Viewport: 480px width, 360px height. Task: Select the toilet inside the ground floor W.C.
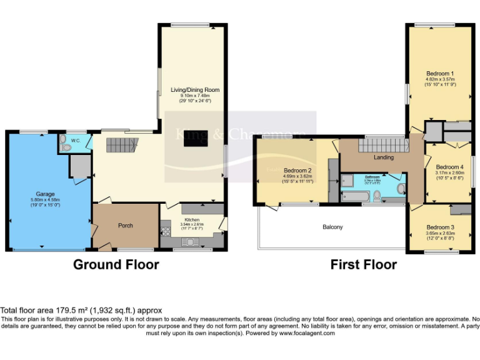(66, 146)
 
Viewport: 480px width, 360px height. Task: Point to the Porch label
(126, 226)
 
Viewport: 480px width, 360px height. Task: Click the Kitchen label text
(192, 219)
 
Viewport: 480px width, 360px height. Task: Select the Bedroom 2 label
(297, 170)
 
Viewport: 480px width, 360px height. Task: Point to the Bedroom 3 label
(440, 227)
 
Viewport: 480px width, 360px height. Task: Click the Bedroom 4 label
(449, 167)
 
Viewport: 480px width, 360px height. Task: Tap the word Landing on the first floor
(383, 157)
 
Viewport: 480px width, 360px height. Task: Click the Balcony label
(332, 227)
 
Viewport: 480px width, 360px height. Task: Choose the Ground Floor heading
(116, 264)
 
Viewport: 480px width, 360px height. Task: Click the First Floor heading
(364, 264)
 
